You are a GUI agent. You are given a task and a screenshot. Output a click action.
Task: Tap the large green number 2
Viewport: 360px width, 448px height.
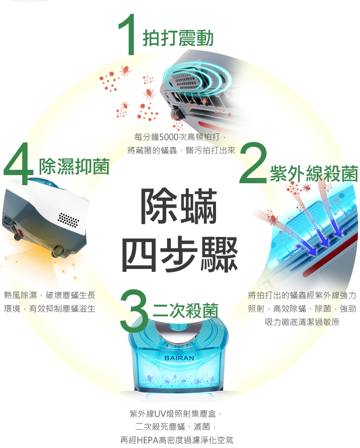253,163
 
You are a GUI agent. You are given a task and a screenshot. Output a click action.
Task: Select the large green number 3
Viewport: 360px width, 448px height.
134,311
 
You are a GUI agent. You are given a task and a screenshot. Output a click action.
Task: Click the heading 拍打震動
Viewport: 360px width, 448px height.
178,38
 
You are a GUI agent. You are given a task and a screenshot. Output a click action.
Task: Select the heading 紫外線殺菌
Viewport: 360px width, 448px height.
314,174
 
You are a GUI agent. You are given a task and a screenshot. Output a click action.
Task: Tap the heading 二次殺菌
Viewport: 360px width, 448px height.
186,310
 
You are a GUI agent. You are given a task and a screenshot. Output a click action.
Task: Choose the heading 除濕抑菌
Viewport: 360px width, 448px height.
74,166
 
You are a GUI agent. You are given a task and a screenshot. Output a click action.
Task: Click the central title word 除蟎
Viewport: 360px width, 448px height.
179,206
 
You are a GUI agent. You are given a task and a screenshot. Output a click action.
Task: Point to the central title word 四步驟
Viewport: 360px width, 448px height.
180,254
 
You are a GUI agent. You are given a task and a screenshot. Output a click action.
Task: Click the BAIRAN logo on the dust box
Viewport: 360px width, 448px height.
180,358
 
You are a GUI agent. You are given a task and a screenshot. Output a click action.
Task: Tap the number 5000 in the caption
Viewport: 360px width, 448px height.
168,137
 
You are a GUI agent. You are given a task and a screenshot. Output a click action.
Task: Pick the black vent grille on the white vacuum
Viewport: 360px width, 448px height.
68,220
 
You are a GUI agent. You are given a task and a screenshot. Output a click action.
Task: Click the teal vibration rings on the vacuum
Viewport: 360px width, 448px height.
197,77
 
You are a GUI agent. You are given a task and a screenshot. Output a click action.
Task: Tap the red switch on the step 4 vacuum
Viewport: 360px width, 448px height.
20,233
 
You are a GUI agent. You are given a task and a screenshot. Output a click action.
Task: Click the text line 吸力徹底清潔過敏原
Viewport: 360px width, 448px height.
302,322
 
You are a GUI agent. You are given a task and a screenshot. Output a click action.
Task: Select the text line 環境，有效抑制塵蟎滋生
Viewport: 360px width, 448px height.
49,308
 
